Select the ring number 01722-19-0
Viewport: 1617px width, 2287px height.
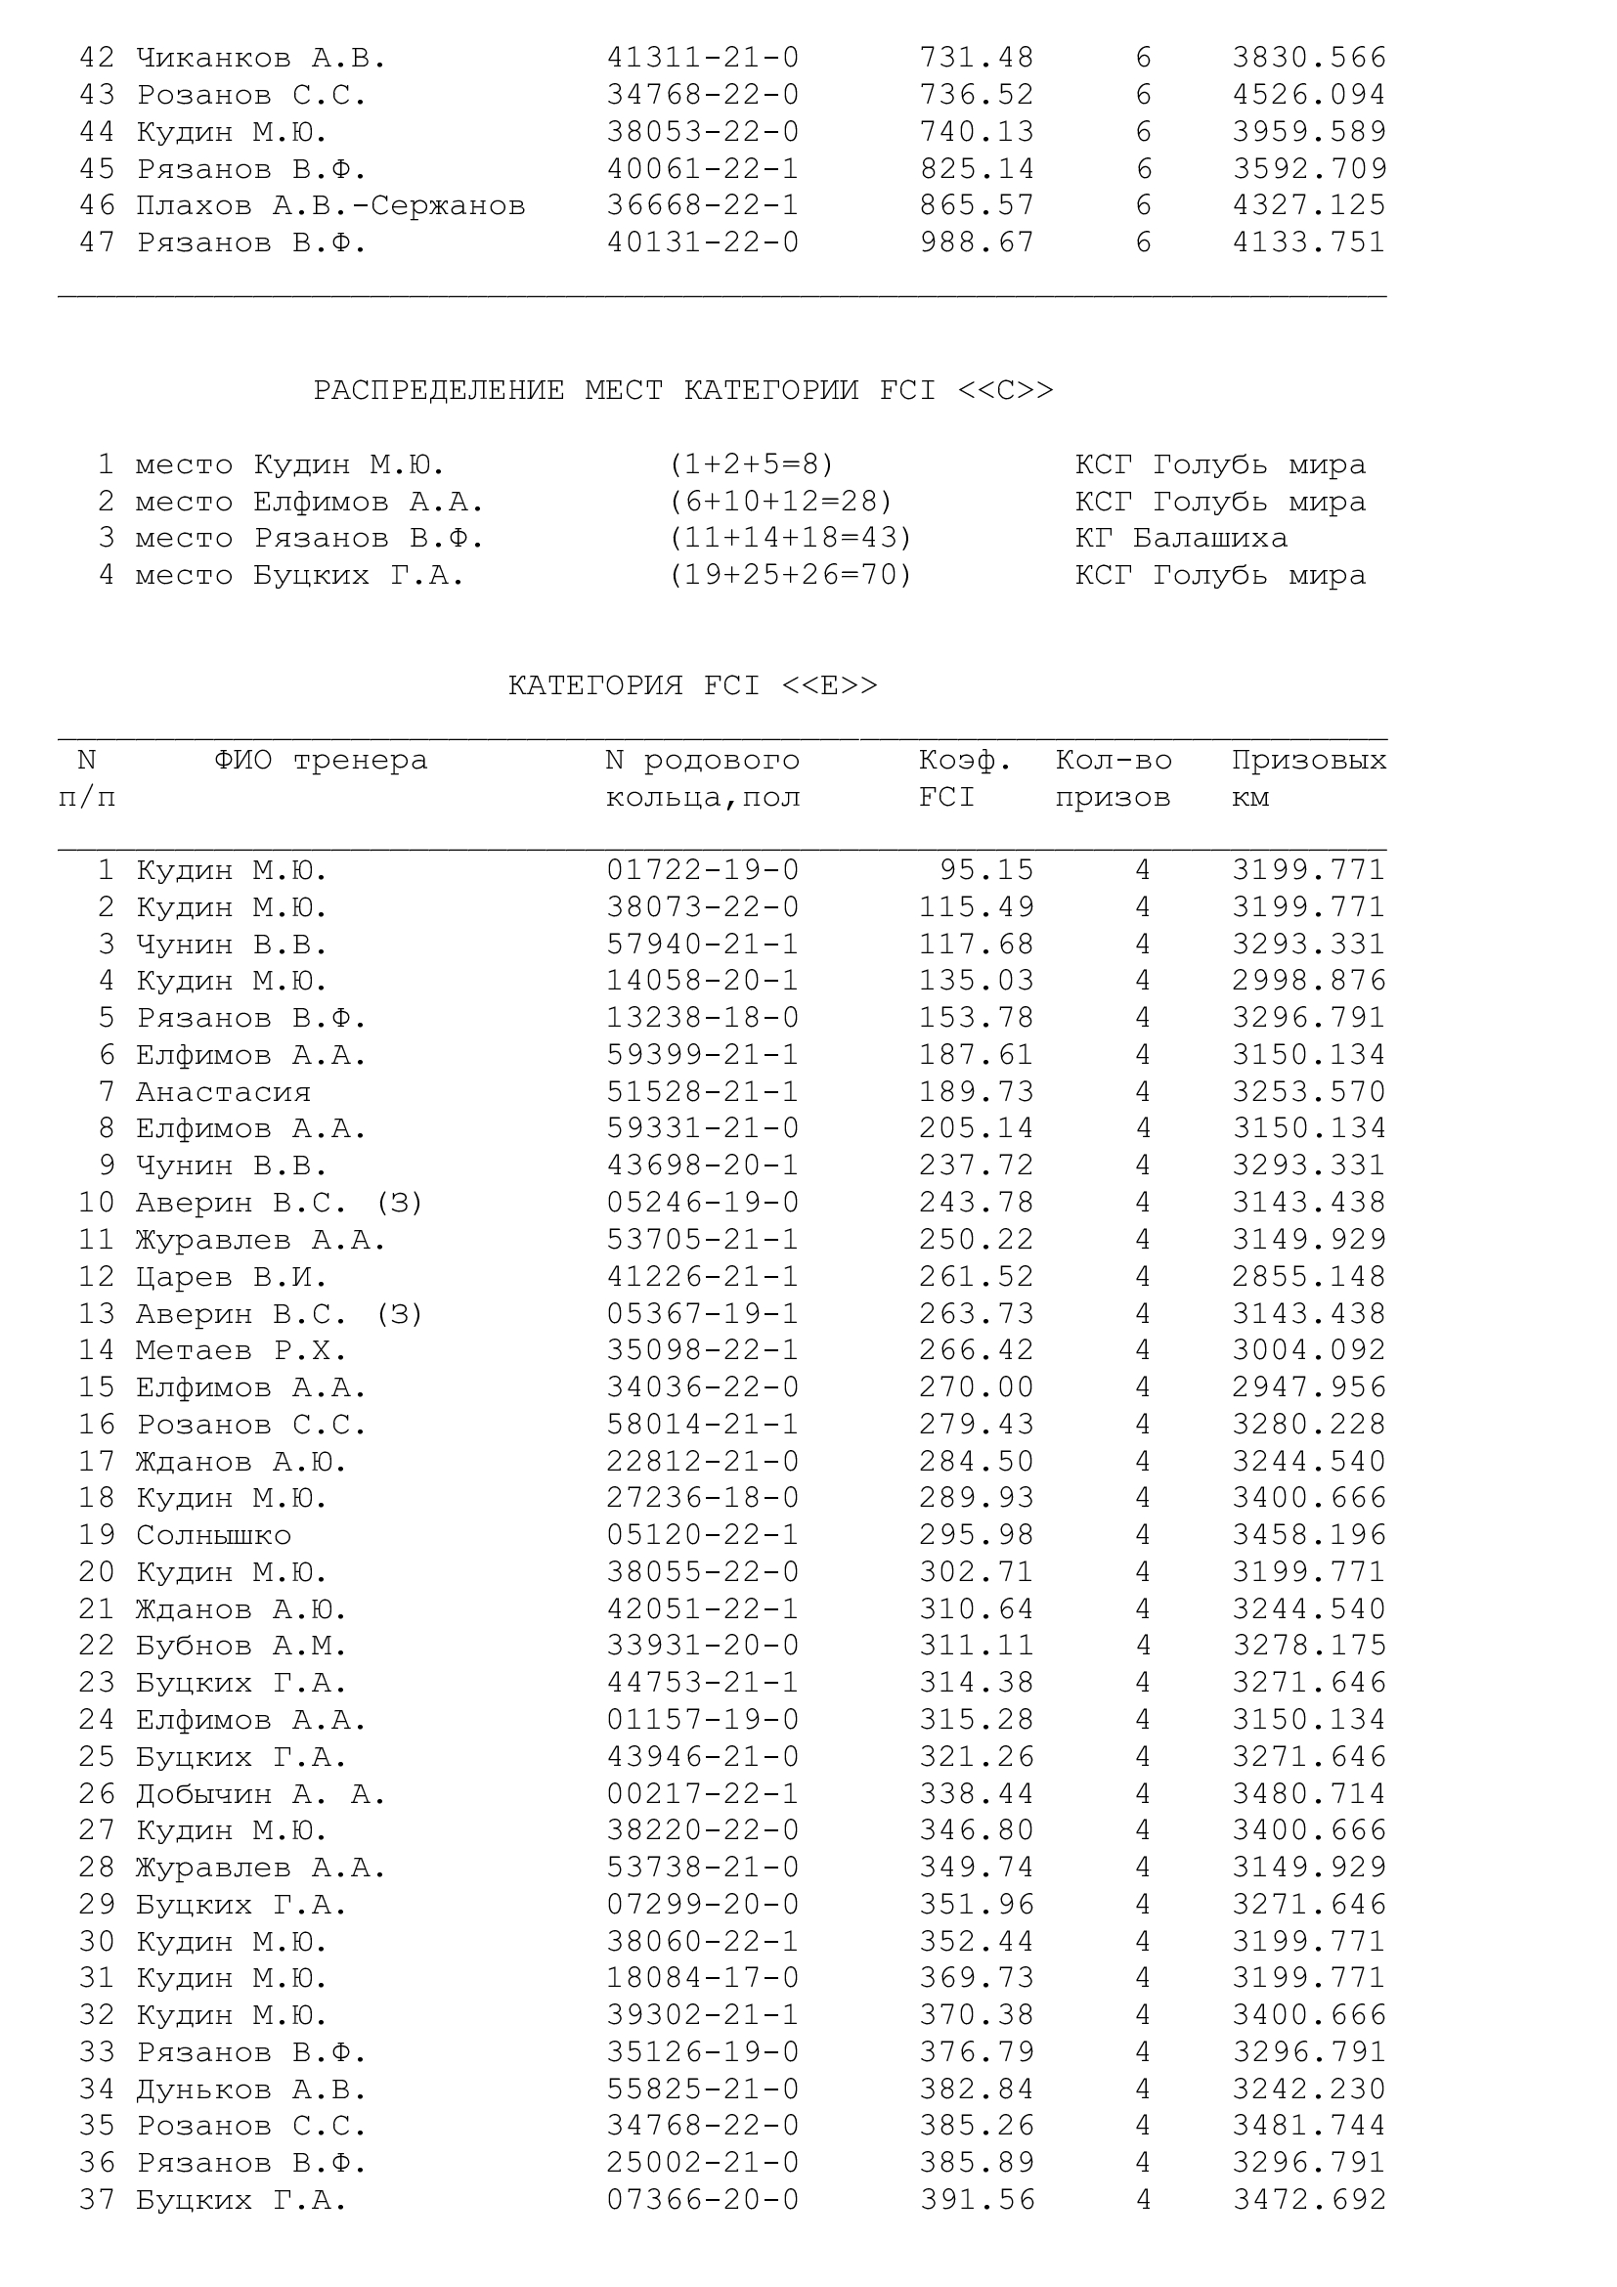[x=703, y=869]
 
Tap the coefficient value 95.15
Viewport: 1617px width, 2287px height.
[x=986, y=869]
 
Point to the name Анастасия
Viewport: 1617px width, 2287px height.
[x=223, y=1092]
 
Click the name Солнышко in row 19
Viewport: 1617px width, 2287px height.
[x=213, y=1535]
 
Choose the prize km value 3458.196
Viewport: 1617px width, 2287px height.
[x=1308, y=1535]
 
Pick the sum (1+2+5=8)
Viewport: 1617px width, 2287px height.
[x=752, y=464]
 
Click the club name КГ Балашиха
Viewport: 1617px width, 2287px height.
[x=1181, y=538]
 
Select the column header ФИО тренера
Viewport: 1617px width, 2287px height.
[x=321, y=760]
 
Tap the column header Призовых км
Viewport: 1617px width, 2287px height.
[x=1308, y=778]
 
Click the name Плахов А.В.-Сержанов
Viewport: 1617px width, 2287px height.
[x=330, y=205]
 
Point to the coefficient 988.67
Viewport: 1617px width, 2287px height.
[x=977, y=242]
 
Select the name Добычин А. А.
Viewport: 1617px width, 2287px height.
[x=261, y=1794]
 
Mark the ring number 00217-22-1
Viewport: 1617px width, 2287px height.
[x=703, y=1794]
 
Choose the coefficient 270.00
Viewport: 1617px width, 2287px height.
[x=977, y=1387]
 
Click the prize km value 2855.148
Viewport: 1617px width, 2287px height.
[x=1308, y=1277]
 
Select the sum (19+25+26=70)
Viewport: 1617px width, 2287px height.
[x=791, y=575]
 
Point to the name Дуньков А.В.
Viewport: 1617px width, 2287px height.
[x=251, y=2089]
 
